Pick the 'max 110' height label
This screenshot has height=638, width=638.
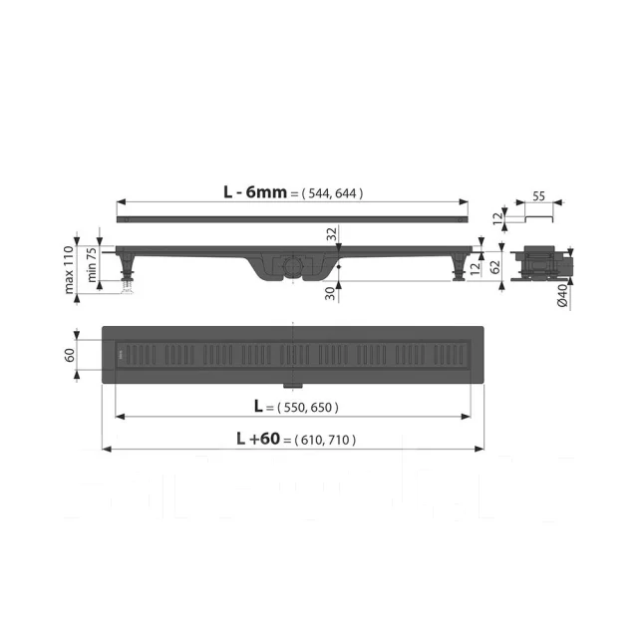pyautogui.click(x=71, y=268)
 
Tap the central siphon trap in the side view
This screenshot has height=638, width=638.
pyautogui.click(x=290, y=267)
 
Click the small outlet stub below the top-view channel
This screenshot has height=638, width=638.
pyautogui.click(x=292, y=384)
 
